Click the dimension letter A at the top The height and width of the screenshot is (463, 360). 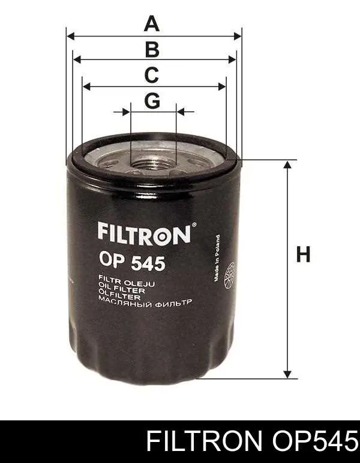coord(152,24)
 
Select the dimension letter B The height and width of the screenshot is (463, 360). coord(152,50)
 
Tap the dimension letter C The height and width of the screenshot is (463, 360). coord(152,76)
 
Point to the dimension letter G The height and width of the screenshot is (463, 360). coord(152,101)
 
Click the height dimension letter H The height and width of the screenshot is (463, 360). coord(304,255)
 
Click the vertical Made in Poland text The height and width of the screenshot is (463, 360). coord(215,258)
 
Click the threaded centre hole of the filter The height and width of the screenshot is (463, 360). coord(153,161)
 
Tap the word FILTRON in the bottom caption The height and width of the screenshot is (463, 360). coord(203,443)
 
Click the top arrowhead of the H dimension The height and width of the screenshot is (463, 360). coord(289,165)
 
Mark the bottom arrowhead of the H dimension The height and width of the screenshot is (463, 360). coord(289,374)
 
